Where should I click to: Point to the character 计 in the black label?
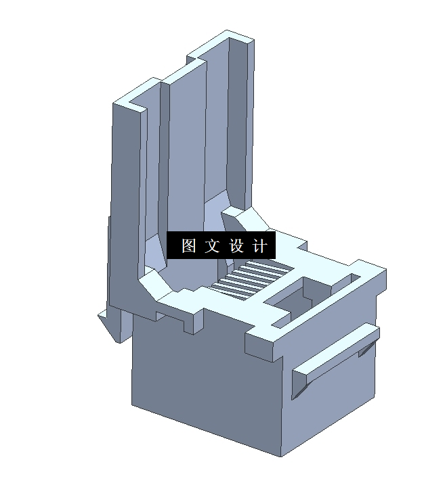click(261, 245)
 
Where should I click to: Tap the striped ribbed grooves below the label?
click(247, 278)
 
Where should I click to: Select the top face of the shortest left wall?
click(135, 97)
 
